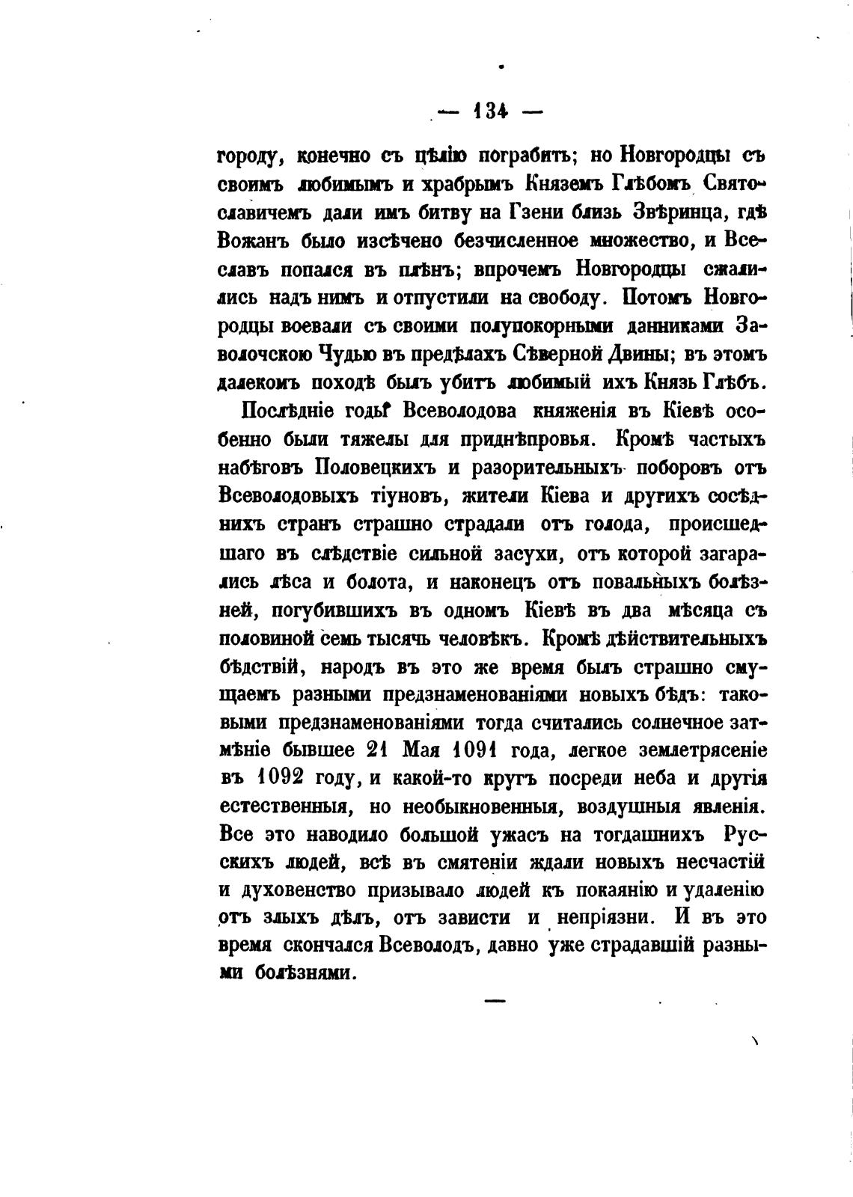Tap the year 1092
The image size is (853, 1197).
pos(280,780)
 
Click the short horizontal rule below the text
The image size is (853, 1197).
pos(495,999)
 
